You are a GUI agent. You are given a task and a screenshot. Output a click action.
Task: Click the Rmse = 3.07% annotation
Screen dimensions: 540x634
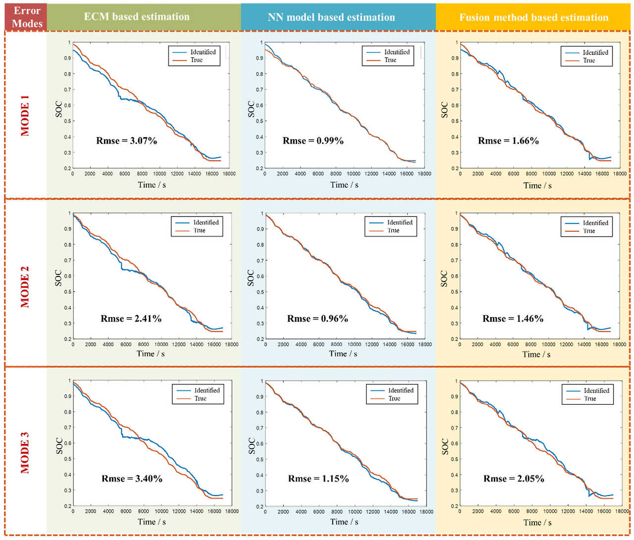click(126, 141)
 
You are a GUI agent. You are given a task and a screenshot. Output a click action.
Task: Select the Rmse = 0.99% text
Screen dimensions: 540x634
click(313, 141)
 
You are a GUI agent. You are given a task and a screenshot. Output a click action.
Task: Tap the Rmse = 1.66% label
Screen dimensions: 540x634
click(508, 141)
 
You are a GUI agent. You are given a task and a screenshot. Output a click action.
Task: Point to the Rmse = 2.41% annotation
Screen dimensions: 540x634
click(131, 319)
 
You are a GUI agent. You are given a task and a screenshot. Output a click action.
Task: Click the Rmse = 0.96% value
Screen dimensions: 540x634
click(317, 319)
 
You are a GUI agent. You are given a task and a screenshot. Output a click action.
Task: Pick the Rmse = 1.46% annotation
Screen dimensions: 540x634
click(513, 319)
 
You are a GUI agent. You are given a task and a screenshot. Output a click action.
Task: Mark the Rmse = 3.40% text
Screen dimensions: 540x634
click(132, 479)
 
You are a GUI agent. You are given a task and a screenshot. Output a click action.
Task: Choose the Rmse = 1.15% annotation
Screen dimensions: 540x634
click(318, 479)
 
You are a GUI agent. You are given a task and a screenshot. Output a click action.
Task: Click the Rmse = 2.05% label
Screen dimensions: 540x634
click(514, 479)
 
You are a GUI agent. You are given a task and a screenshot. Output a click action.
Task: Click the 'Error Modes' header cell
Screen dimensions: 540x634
click(26, 17)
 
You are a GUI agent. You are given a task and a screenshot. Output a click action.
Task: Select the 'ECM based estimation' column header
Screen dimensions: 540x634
click(137, 17)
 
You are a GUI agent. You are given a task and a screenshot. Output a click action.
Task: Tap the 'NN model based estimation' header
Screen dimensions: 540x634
click(331, 17)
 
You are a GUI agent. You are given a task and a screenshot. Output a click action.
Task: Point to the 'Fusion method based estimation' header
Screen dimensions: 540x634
click(533, 17)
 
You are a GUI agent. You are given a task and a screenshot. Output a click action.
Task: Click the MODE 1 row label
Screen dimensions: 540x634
click(25, 115)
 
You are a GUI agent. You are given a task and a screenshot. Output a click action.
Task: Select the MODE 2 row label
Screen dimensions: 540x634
click(25, 286)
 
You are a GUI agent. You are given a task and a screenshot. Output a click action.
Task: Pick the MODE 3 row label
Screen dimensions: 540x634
click(25, 453)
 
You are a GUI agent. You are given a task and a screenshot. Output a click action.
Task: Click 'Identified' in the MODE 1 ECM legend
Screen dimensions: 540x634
click(203, 52)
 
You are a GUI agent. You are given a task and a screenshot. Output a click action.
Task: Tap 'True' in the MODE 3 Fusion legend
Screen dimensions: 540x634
click(590, 399)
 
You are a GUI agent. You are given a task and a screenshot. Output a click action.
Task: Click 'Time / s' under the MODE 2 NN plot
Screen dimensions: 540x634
click(343, 354)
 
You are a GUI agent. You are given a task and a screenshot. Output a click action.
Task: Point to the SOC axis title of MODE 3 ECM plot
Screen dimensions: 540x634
click(59, 446)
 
